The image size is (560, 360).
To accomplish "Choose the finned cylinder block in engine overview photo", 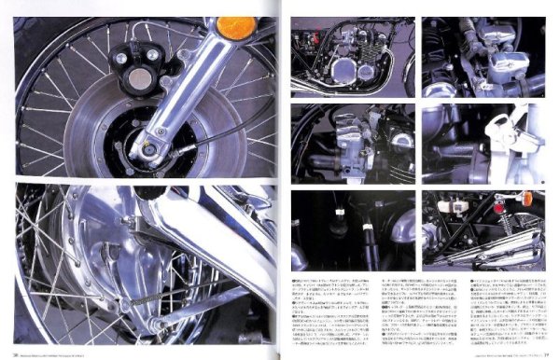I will [x=359, y=47].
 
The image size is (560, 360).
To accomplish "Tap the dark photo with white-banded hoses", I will [x=352, y=229].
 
